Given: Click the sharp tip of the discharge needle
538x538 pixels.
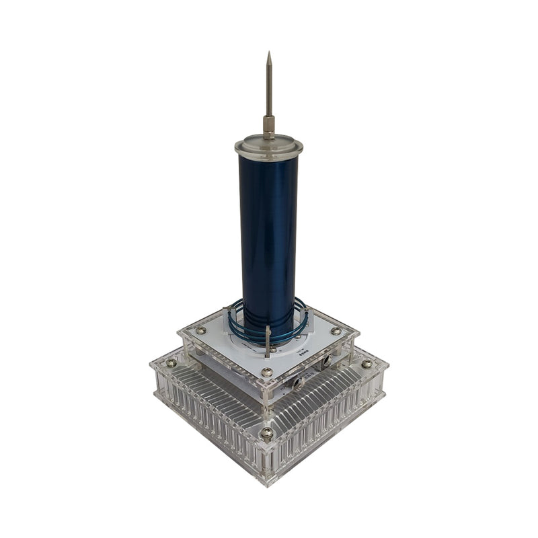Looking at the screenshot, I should (268, 53).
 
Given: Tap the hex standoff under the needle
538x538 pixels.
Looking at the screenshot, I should (268, 125).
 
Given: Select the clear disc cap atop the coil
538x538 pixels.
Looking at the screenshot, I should (268, 146).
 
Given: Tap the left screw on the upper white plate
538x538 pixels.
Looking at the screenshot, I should (200, 330).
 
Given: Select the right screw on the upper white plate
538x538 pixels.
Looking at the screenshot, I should (336, 331).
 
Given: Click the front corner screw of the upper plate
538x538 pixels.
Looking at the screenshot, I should (267, 372).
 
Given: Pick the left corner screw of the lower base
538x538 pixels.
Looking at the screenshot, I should (171, 363).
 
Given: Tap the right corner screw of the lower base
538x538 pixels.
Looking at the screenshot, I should (367, 364).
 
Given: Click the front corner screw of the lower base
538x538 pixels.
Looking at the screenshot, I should (267, 434).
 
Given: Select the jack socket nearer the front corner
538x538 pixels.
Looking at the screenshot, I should (297, 381).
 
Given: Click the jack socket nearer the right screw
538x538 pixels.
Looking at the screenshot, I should (326, 362).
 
